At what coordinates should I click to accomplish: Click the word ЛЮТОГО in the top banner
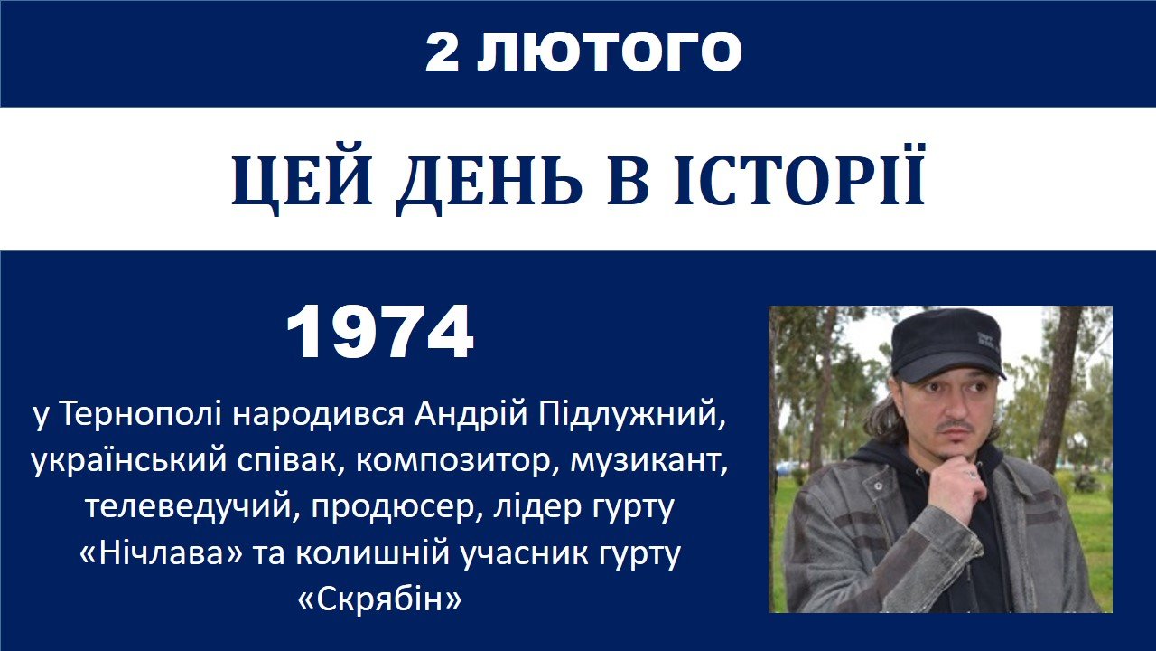(609, 52)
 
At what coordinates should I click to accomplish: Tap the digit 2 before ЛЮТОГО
(443, 52)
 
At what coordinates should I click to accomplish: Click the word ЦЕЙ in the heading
(303, 181)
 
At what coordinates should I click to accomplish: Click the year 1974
(380, 332)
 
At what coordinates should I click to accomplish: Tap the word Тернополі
(142, 414)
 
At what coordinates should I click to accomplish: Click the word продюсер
(396, 507)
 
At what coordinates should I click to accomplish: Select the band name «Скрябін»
(380, 599)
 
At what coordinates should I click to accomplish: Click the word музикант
(648, 461)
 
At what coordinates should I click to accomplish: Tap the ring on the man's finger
(972, 474)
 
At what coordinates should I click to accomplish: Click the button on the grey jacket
(877, 486)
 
